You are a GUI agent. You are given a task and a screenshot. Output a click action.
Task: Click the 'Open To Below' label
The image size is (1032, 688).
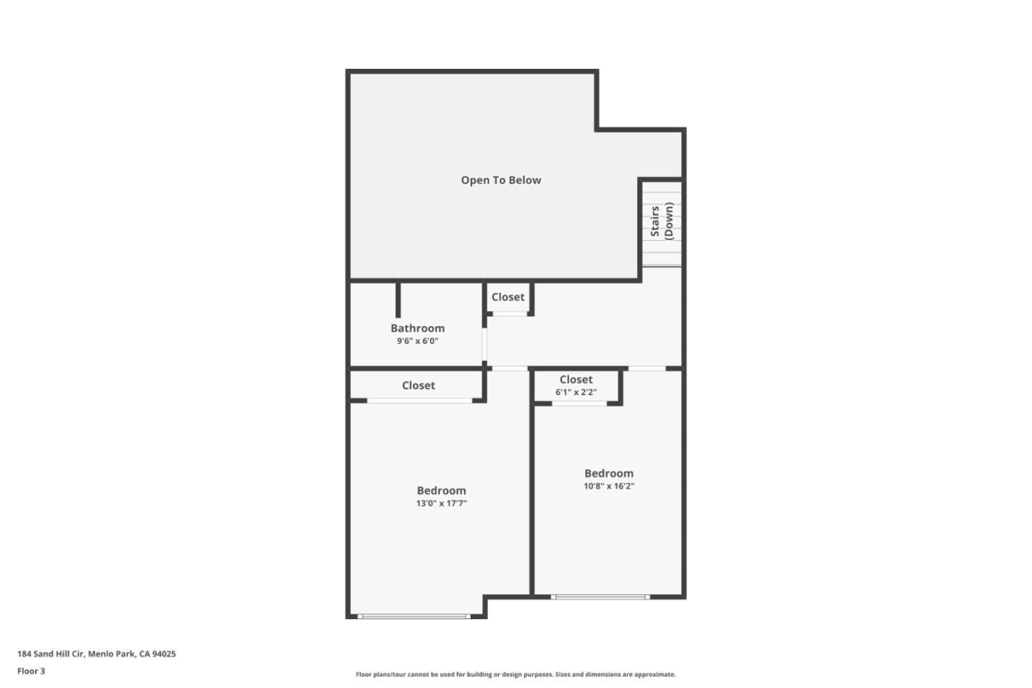(x=501, y=181)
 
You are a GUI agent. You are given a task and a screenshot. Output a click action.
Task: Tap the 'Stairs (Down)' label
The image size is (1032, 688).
(x=661, y=221)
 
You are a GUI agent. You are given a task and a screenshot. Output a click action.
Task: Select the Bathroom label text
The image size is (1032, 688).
(x=417, y=328)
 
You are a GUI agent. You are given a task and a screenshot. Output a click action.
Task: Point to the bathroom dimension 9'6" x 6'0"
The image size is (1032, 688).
(x=417, y=341)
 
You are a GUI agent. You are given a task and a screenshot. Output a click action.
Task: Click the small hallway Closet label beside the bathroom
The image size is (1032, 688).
(x=507, y=297)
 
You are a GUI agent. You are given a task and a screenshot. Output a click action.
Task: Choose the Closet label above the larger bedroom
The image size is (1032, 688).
(x=418, y=386)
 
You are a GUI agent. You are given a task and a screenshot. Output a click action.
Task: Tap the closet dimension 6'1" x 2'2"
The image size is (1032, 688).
(x=575, y=393)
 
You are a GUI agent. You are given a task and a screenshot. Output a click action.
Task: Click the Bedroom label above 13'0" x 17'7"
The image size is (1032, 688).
(x=441, y=491)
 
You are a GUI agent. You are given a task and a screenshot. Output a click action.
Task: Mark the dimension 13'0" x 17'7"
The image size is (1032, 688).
(x=441, y=504)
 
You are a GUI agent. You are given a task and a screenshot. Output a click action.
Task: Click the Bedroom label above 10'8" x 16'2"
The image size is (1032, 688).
(x=608, y=474)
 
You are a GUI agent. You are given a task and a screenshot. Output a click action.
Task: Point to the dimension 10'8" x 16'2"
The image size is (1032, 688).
(x=608, y=487)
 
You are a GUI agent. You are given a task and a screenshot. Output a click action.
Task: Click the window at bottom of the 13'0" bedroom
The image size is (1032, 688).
(x=414, y=616)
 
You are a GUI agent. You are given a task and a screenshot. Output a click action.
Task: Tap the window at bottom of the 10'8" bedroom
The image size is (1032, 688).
(x=600, y=596)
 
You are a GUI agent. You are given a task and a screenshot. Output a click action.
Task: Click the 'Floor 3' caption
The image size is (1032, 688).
(x=31, y=672)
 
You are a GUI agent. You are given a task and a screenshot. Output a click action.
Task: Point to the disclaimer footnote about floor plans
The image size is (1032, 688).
(x=515, y=674)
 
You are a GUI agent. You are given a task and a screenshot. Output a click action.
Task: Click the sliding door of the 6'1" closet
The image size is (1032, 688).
(x=579, y=403)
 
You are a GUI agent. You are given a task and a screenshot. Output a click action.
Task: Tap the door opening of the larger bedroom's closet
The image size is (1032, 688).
(x=419, y=401)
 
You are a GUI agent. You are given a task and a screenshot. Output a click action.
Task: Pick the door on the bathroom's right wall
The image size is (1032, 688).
(x=484, y=345)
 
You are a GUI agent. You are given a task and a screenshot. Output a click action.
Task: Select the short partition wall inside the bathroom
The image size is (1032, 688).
(x=398, y=299)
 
